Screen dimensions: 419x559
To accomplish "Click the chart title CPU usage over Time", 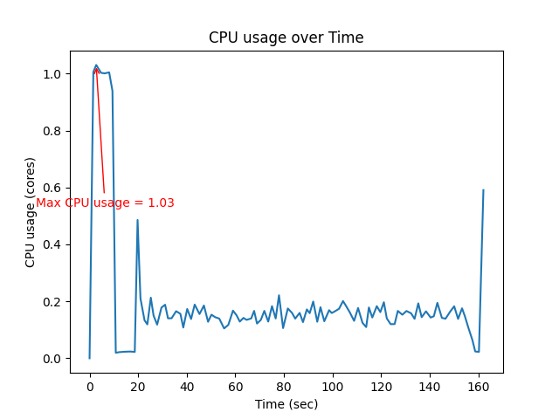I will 286,38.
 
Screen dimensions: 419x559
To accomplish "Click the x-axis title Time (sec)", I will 286,404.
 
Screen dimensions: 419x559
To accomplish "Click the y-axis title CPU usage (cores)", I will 31,212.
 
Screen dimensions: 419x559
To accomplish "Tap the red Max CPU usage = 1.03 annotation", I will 105,203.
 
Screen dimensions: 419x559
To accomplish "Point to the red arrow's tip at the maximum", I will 96,66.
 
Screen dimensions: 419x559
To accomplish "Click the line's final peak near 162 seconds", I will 483,190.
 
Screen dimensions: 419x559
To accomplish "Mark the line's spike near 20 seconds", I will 137,220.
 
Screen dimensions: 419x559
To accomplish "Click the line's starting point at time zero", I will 89,358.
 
